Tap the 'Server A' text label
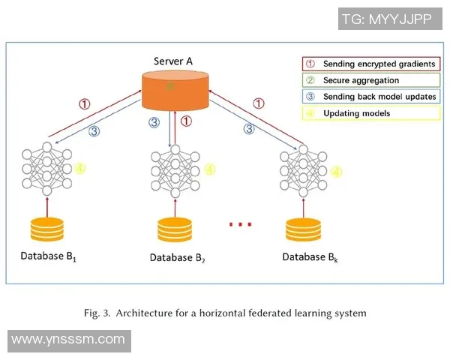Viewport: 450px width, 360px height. pyautogui.click(x=175, y=59)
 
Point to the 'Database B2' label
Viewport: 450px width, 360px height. pyautogui.click(x=177, y=259)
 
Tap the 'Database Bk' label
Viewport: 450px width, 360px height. pyautogui.click(x=309, y=257)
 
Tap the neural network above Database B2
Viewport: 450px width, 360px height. pyautogui.click(x=175, y=171)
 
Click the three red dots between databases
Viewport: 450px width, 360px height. pyautogui.click(x=240, y=224)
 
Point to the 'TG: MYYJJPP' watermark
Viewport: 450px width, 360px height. pyautogui.click(x=386, y=19)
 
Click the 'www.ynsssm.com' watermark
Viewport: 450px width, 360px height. pyautogui.click(x=68, y=340)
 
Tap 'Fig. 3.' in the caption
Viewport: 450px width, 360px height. pyautogui.click(x=97, y=313)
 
